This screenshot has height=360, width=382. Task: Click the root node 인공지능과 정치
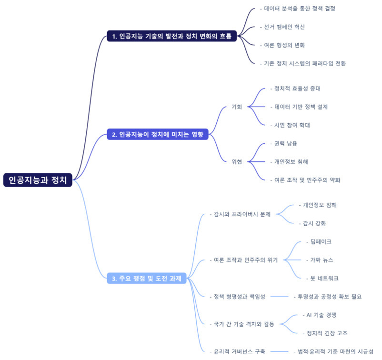coord(38,180)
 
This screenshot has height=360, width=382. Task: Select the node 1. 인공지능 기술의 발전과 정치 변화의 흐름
coord(172,36)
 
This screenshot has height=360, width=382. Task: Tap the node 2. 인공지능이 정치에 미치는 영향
coord(158,135)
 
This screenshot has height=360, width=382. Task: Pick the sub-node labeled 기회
coord(237,107)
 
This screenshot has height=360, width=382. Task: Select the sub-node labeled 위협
coord(237,162)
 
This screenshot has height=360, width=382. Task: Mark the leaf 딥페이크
coord(320,242)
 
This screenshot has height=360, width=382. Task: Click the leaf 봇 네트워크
coord(324,278)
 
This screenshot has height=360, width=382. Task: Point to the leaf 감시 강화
coord(314,223)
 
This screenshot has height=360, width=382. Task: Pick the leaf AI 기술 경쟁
coord(322,315)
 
